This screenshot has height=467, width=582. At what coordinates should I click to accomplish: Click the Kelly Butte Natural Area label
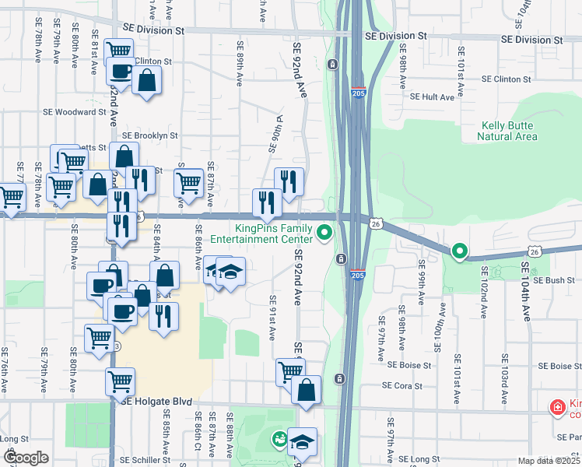(509, 130)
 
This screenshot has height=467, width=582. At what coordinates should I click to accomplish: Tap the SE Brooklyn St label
(150, 135)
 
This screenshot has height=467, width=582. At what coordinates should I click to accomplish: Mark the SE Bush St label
(554, 280)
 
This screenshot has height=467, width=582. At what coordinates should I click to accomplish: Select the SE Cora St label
(402, 385)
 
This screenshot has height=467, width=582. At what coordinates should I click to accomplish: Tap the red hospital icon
(557, 407)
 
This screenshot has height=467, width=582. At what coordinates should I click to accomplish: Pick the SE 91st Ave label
(272, 318)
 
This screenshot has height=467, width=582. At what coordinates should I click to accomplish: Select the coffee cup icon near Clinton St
(121, 72)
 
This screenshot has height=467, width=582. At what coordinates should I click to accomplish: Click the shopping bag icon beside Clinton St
(146, 80)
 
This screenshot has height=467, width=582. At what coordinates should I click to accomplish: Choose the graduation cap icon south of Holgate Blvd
(302, 442)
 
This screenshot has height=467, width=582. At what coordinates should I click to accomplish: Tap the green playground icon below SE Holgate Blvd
(279, 441)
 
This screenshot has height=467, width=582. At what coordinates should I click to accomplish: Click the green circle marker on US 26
(459, 251)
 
